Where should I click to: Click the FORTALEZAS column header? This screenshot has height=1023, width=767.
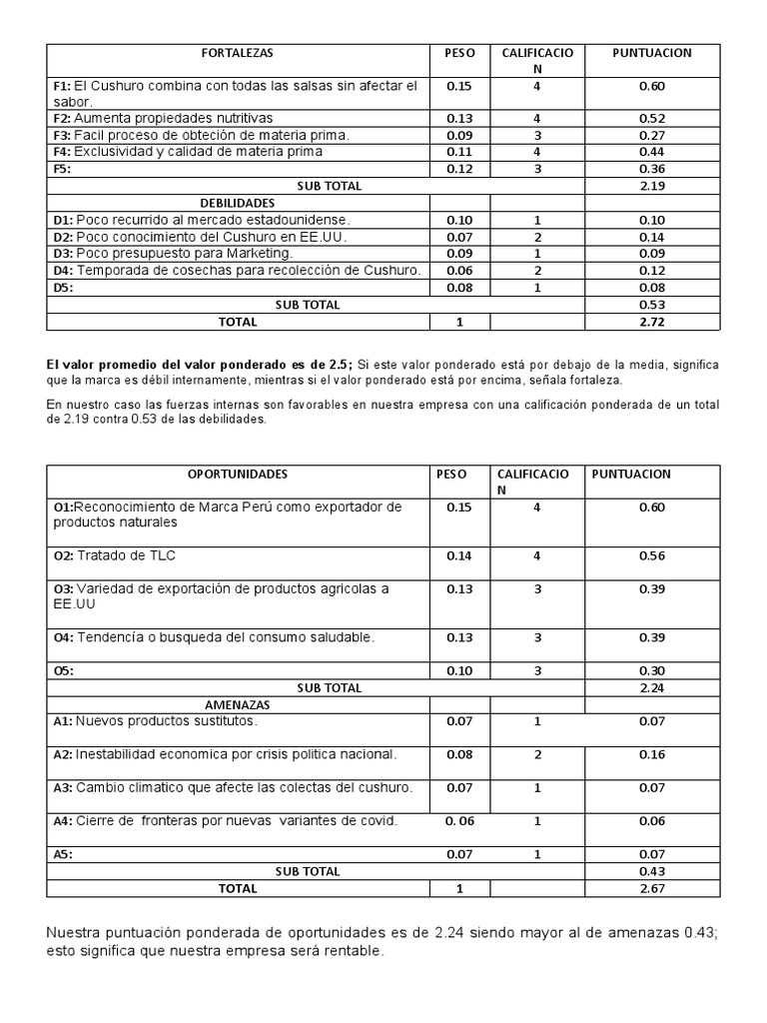[238, 53]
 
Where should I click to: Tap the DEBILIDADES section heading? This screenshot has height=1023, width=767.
[238, 203]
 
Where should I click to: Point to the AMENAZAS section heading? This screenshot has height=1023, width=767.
[238, 704]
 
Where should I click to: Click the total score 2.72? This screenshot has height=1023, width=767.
[652, 322]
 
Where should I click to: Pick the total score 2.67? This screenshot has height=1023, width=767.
[652, 888]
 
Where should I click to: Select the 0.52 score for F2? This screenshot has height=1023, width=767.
[652, 119]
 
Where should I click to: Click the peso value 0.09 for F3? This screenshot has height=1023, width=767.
[459, 135]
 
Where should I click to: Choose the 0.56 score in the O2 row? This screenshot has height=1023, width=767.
[652, 556]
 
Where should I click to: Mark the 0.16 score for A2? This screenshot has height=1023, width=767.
[652, 754]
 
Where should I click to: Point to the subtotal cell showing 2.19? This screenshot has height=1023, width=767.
[652, 186]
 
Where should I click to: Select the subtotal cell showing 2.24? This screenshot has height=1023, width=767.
[652, 688]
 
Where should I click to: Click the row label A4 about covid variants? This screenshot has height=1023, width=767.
[225, 821]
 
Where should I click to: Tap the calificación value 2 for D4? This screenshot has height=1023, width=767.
[537, 271]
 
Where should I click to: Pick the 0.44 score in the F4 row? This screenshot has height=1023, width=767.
[652, 152]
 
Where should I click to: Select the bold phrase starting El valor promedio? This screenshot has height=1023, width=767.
[200, 366]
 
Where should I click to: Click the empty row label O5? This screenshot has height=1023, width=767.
[64, 672]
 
